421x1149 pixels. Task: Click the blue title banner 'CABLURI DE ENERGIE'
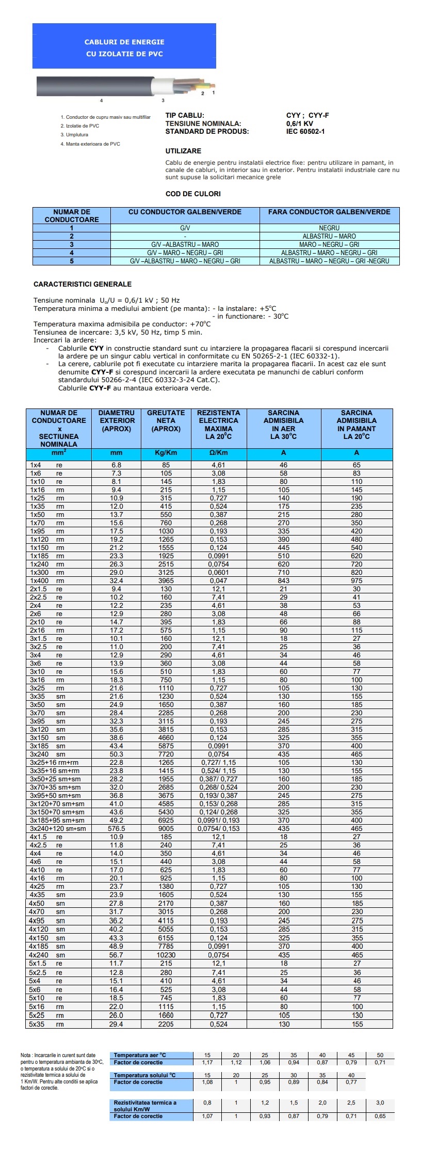[124, 42]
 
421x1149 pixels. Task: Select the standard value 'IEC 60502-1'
[305, 132]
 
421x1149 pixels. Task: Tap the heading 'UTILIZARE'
[183, 151]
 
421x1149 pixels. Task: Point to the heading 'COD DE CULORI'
[193, 194]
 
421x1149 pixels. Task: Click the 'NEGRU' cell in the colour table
[329, 228]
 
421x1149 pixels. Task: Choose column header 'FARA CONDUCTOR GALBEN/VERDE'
[329, 212]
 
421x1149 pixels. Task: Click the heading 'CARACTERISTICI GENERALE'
[83, 285]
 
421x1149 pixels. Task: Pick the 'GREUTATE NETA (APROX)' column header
[166, 421]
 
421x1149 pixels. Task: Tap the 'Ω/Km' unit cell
[218, 453]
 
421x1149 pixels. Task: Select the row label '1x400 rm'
[47, 581]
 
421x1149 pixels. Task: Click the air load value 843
[283, 581]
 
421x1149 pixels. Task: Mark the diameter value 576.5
[116, 829]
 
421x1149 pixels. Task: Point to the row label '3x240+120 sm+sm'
[58, 829]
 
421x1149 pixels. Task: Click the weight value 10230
[166, 955]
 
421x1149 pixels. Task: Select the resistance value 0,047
[218, 581]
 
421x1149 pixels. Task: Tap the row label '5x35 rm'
[47, 1024]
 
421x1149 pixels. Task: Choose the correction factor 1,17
[207, 1062]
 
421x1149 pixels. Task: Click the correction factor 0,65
[380, 1116]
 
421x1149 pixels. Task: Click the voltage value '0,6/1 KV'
[300, 124]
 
